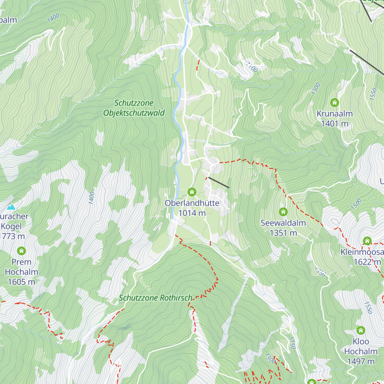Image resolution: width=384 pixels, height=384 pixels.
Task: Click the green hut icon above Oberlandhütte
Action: (x=192, y=192)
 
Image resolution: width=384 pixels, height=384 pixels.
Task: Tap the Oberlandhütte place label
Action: (x=192, y=203)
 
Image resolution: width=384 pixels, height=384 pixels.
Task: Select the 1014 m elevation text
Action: (x=192, y=213)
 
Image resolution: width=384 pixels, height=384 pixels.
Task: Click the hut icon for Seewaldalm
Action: (x=283, y=212)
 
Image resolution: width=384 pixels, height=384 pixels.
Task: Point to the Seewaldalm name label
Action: (x=283, y=223)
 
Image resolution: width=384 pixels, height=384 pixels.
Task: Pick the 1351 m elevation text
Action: (x=283, y=233)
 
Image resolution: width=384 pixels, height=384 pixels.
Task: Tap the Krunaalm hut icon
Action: (x=334, y=103)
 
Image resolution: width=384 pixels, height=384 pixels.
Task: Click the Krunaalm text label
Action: (x=334, y=114)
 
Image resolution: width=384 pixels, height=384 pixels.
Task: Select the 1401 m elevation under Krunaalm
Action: (x=334, y=124)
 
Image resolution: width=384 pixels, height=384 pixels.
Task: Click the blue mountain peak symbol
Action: (x=11, y=207)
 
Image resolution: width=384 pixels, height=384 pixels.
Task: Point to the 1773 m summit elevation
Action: (x=12, y=236)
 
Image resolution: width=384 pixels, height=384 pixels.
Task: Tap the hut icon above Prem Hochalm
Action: (x=21, y=251)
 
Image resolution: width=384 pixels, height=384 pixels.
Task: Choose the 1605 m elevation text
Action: (x=21, y=282)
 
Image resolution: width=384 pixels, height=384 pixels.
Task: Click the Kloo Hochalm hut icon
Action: (x=361, y=330)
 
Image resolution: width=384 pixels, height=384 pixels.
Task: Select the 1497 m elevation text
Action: (x=361, y=362)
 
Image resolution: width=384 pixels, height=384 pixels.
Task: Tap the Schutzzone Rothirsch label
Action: (x=156, y=298)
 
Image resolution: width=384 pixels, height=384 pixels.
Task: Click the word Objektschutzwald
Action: (x=134, y=113)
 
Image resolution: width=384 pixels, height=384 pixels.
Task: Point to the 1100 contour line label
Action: (x=252, y=67)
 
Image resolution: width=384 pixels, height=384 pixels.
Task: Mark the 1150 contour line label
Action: (x=292, y=343)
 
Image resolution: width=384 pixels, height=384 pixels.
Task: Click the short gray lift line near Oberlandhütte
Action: (x=219, y=183)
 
